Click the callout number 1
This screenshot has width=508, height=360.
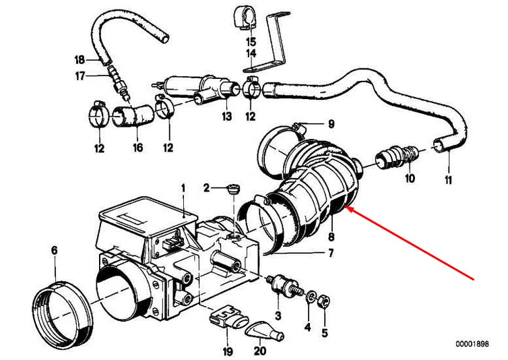coord(183,188)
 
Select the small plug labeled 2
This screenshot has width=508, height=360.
coord(232,189)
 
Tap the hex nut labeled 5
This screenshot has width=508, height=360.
coord(324,301)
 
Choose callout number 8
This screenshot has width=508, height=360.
coord(331,237)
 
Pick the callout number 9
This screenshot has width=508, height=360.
coord(331,124)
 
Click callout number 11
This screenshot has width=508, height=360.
coord(448,180)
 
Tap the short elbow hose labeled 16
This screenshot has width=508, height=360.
coord(133,116)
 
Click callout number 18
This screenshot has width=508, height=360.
coord(80,60)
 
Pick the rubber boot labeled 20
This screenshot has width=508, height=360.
coord(264,331)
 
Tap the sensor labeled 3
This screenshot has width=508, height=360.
coord(282,283)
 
